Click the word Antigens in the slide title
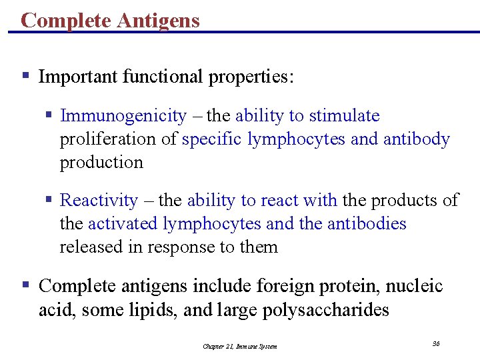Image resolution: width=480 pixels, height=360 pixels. click(x=158, y=21)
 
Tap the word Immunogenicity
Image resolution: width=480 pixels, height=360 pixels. click(x=123, y=116)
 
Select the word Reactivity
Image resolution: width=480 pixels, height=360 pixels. click(x=99, y=200)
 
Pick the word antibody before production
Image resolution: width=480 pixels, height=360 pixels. click(x=417, y=139)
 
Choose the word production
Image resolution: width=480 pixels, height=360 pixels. click(x=101, y=163)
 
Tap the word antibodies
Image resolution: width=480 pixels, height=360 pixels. click(x=366, y=223)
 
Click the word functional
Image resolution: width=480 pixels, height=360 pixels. click(x=163, y=77)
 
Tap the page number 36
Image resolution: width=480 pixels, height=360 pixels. click(x=436, y=343)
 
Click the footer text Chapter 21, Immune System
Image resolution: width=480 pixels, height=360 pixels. click(x=240, y=346)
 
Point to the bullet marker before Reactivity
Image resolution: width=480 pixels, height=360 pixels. click(x=48, y=200)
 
